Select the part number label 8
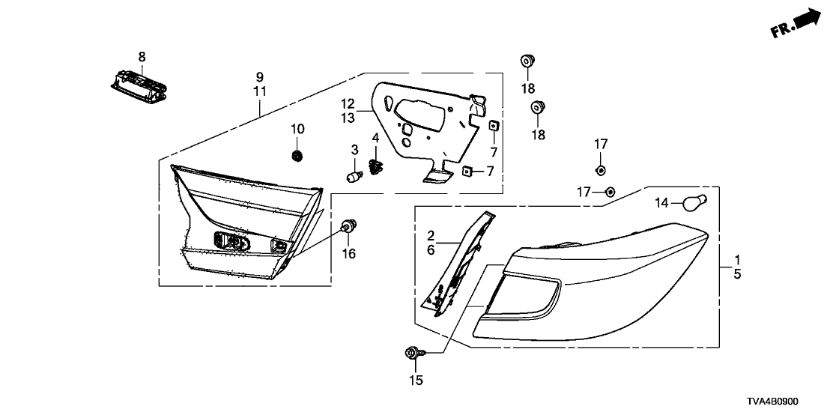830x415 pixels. pos(142,57)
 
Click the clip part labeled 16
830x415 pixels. pos(348,226)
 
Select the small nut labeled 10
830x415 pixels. pos(297,156)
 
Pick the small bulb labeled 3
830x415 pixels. pos(354,176)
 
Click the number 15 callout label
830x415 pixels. pos(416,380)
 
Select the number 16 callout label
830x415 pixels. pos(348,254)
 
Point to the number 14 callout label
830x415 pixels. pos(662,202)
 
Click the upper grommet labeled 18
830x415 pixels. pos(527,61)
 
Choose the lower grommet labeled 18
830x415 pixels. pos(539,107)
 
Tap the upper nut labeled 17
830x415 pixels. pos(601,170)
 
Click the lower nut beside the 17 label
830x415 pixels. pos(609,192)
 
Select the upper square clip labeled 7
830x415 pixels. pos(493,125)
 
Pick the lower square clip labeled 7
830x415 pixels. pos(467,171)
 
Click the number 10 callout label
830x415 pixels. pos(297,129)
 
